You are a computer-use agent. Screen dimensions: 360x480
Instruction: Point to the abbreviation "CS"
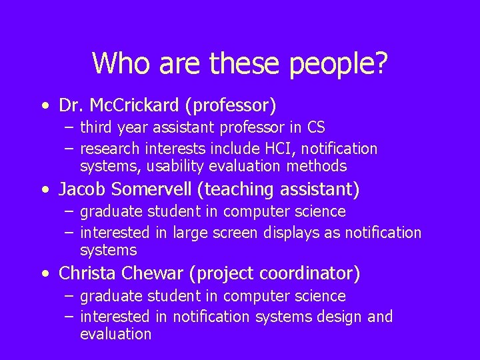316,127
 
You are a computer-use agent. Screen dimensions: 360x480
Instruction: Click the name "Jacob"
83,190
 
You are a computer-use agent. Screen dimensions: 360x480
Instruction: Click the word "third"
95,127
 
